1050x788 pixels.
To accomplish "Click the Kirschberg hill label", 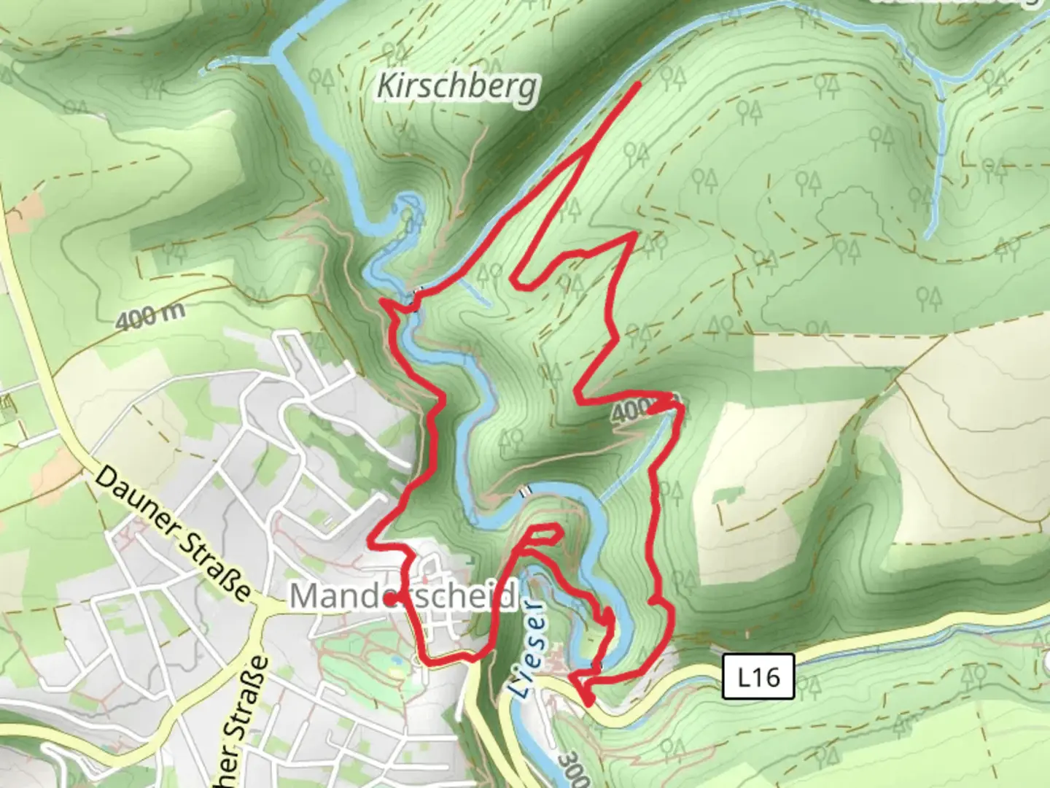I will pos(458,88).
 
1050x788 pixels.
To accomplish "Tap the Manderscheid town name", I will pos(403,596).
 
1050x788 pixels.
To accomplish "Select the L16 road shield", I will pos(758,678).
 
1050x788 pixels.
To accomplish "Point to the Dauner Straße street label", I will pos(174,533).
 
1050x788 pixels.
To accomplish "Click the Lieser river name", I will pos(525,649).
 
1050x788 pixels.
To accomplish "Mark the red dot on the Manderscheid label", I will pos(389,599).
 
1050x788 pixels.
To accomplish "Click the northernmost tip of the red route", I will pos(639,85).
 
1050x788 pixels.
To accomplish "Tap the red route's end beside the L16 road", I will pos(589,702).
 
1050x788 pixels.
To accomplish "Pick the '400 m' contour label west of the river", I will pos(149,316).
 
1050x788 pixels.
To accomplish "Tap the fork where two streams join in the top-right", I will pos(939,80).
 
